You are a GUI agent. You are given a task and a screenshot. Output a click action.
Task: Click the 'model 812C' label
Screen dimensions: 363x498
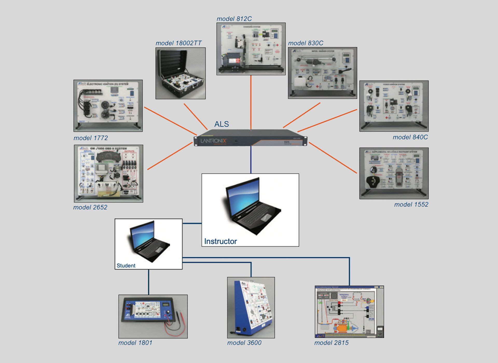click(x=234, y=19)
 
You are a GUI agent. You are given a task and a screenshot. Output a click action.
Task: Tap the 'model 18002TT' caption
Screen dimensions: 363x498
click(x=178, y=43)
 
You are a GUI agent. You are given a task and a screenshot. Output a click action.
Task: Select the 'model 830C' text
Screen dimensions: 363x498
click(x=306, y=43)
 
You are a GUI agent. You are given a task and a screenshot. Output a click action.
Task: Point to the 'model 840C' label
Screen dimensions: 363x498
click(x=410, y=137)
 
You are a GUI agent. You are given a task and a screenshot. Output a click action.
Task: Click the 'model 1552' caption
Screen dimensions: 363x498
click(x=411, y=205)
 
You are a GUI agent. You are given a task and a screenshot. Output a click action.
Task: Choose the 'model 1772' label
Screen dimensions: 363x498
click(x=91, y=138)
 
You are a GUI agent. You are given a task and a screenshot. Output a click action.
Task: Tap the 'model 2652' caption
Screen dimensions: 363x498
click(x=90, y=207)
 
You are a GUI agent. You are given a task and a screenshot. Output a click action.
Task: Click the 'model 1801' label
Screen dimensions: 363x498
click(x=135, y=343)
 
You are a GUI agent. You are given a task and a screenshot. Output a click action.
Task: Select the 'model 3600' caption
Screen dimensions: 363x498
click(x=244, y=343)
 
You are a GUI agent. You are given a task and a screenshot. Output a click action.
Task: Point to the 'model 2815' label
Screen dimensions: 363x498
click(x=331, y=343)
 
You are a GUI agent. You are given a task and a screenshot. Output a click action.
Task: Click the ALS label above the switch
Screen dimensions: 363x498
click(x=222, y=124)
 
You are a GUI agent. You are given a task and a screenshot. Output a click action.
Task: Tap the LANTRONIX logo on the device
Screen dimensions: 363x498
click(x=213, y=141)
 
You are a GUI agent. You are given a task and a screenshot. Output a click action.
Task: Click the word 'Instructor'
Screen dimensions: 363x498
click(x=220, y=241)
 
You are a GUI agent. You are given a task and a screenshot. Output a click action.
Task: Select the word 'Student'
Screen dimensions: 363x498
click(x=126, y=266)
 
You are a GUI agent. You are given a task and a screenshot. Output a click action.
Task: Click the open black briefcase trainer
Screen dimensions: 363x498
click(x=181, y=73)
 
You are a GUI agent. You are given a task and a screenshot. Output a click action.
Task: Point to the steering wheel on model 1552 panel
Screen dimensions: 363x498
click(x=374, y=181)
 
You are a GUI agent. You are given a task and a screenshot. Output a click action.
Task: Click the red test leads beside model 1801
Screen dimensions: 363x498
click(x=173, y=324)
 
